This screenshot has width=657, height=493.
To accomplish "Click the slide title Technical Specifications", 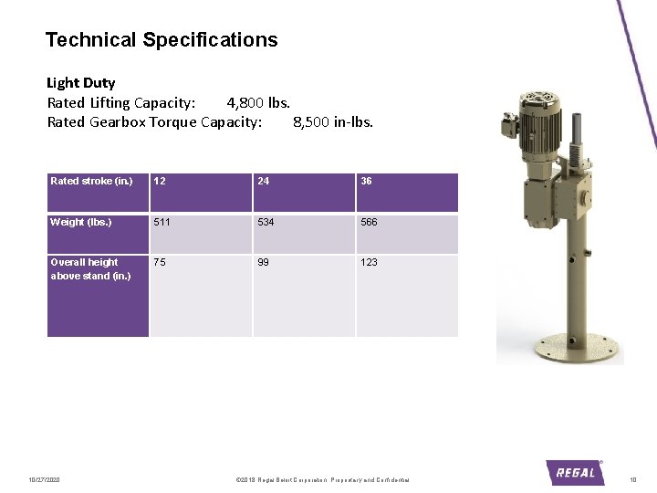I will [162, 40].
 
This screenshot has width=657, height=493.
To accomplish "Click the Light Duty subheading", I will [81, 83].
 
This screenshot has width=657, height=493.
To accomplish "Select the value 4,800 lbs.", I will [258, 102].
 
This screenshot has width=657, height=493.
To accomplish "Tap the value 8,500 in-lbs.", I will [333, 121].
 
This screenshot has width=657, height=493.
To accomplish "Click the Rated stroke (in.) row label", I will [91, 181].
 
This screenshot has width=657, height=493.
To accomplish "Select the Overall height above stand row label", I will [90, 268].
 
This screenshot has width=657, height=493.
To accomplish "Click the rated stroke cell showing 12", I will [160, 181].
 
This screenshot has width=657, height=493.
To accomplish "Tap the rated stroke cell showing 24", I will [264, 181].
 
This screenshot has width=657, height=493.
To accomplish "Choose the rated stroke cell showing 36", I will [366, 181].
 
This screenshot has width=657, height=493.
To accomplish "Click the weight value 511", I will [162, 222].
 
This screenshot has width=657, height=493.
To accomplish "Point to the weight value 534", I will [266, 222].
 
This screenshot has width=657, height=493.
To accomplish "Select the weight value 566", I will [369, 222].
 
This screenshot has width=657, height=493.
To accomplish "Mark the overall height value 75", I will [160, 262].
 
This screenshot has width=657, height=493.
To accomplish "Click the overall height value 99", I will [264, 262].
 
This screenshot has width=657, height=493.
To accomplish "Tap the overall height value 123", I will [369, 262].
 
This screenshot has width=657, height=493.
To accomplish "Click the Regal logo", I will [575, 471].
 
